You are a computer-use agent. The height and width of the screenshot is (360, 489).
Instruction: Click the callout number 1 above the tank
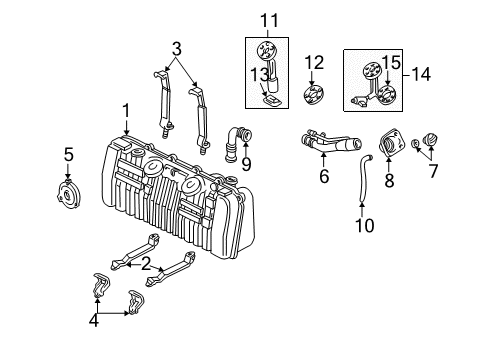click(126, 111)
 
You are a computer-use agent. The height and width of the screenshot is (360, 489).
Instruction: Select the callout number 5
click(69, 155)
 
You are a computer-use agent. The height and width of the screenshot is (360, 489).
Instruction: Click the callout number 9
click(246, 164)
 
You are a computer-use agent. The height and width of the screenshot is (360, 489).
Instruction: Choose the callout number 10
click(365, 225)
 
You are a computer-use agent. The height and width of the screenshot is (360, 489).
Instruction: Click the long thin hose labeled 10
click(365, 178)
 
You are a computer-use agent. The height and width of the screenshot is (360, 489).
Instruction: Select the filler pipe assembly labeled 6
click(330, 142)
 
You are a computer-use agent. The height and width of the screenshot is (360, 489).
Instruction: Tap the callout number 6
click(324, 176)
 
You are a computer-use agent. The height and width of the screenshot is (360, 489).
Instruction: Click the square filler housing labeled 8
click(391, 144)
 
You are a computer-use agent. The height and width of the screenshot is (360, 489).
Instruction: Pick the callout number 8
click(389, 180)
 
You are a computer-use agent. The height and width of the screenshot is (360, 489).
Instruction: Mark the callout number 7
click(433, 171)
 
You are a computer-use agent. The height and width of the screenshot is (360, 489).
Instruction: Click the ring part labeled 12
click(314, 95)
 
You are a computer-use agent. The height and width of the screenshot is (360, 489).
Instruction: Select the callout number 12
click(314, 63)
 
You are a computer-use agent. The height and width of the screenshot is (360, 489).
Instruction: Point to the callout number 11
click(269, 21)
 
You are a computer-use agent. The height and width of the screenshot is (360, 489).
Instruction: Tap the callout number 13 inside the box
click(260, 75)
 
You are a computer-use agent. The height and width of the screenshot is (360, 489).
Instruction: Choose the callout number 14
click(421, 74)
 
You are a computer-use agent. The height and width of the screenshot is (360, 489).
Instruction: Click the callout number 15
click(391, 63)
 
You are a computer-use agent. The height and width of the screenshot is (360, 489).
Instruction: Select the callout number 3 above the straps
click(177, 49)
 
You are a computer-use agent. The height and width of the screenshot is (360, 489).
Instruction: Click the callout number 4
click(94, 321)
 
